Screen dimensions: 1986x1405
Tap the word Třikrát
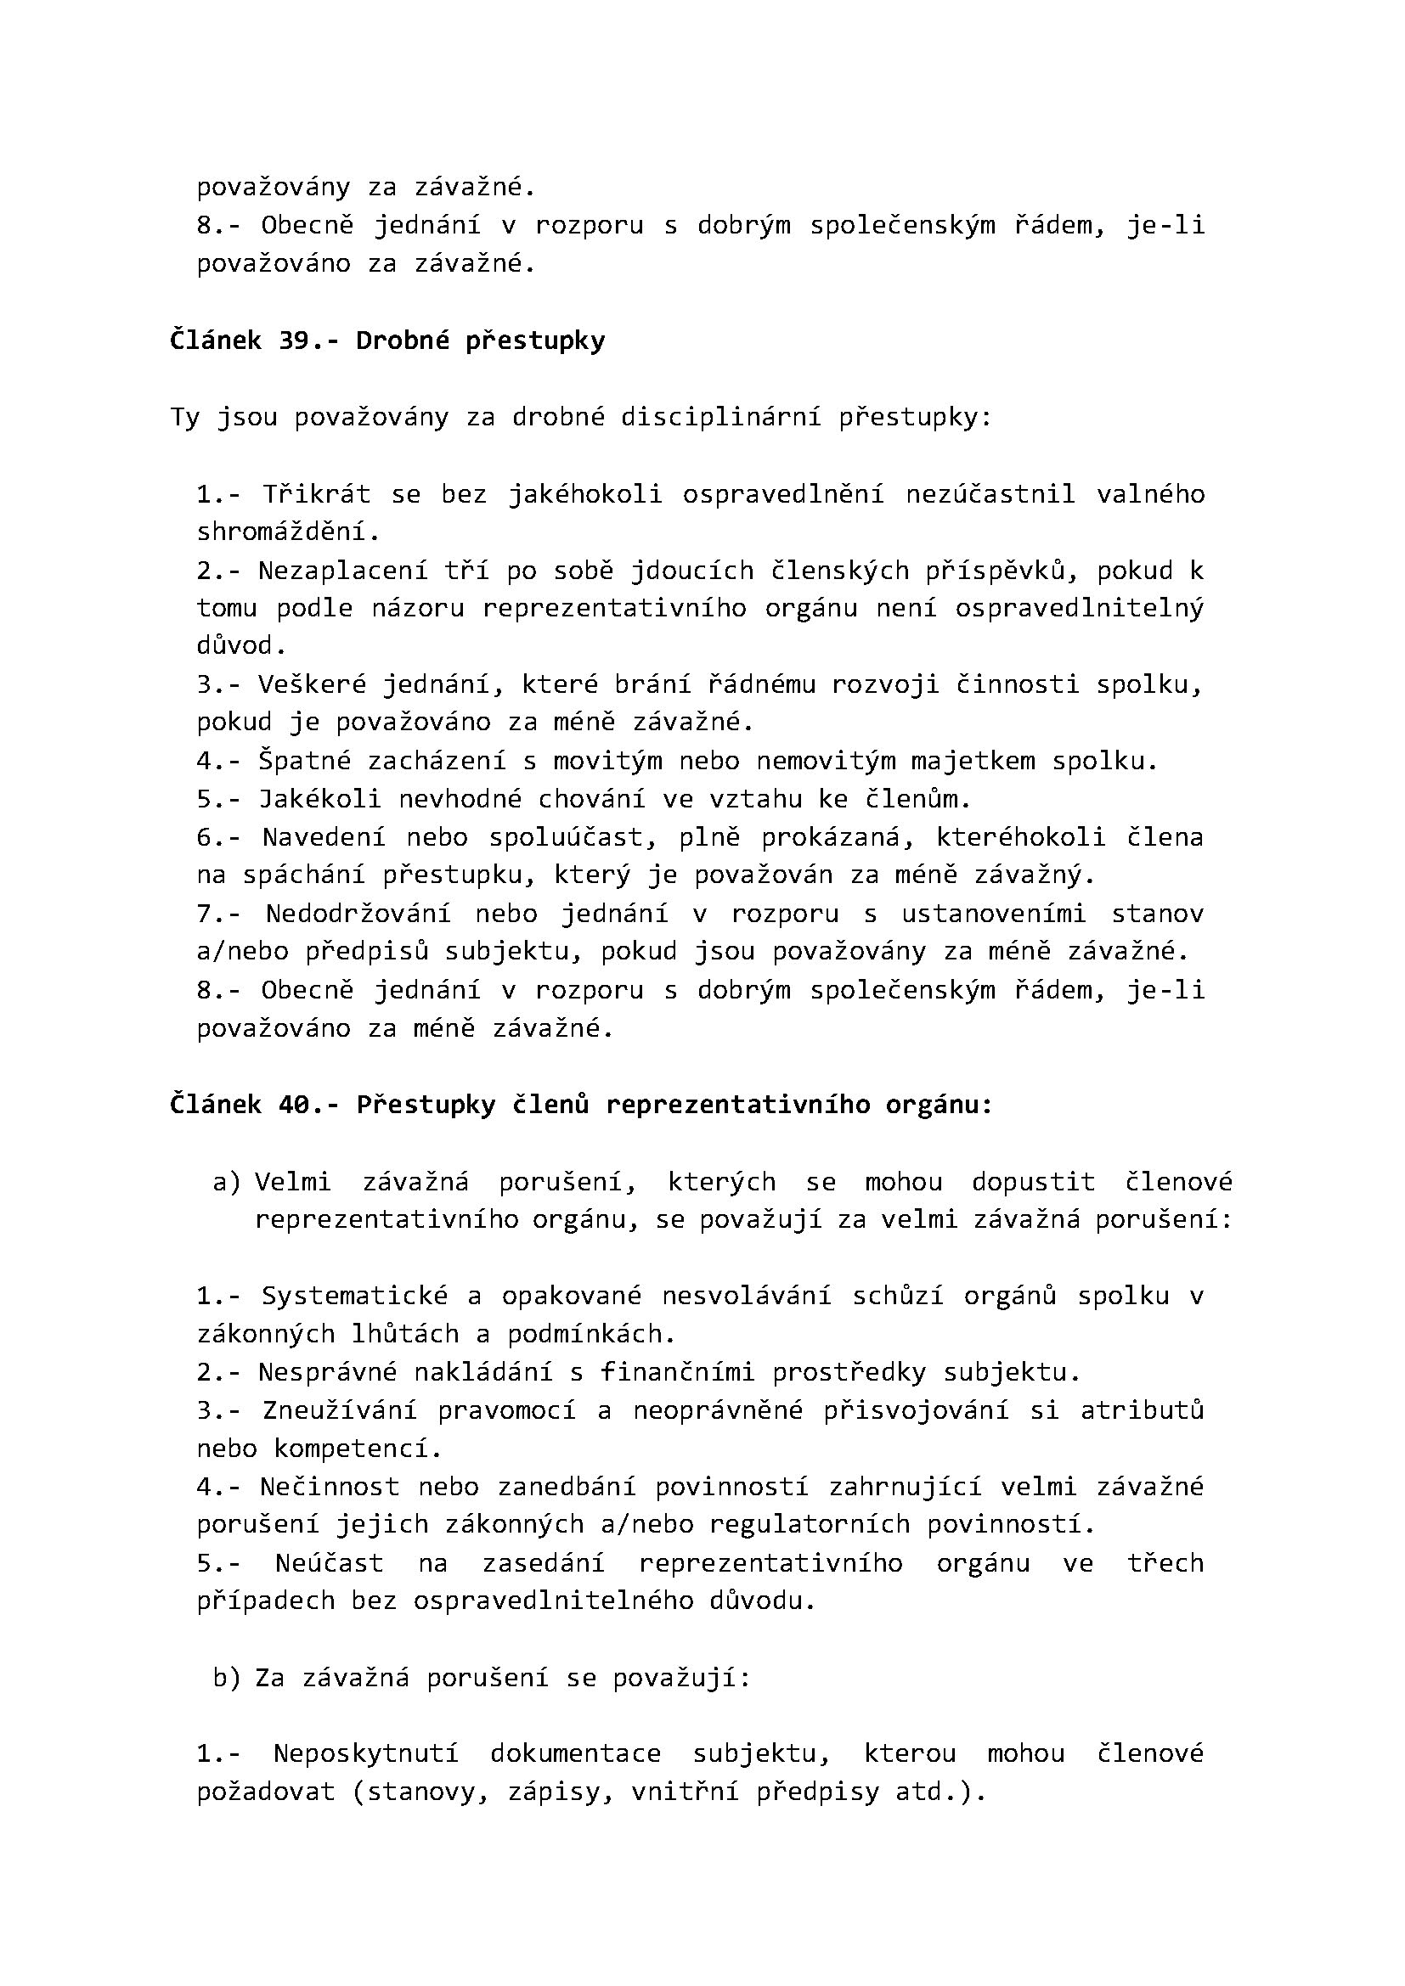point(317,495)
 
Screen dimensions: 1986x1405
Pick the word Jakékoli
point(320,799)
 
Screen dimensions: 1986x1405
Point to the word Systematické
point(355,1296)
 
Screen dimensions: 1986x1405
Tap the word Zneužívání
point(339,1411)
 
